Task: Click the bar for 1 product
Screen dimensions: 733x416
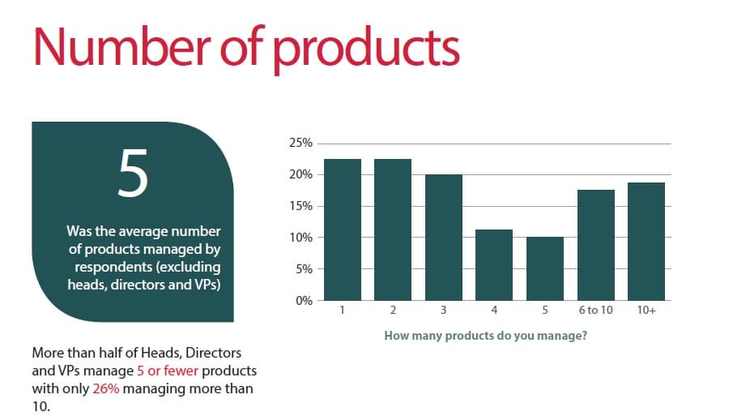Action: (x=342, y=229)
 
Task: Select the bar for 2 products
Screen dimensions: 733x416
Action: (x=393, y=229)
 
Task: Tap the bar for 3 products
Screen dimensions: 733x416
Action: (x=444, y=238)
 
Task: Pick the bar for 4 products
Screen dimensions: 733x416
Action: (x=494, y=265)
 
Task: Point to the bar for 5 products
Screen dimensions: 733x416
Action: (x=545, y=268)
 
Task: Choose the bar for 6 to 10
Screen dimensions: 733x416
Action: (x=596, y=245)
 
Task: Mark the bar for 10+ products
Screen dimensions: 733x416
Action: (x=646, y=242)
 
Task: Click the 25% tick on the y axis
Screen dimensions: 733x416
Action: (x=300, y=143)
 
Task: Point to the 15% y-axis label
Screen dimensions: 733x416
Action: (x=300, y=206)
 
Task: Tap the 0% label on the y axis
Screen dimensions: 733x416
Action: (x=304, y=300)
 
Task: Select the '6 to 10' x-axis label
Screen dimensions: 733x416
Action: (x=595, y=310)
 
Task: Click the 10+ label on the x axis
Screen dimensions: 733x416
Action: (x=646, y=310)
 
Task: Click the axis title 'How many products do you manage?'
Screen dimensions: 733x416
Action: (x=485, y=336)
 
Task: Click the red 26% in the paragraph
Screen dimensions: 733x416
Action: (x=106, y=389)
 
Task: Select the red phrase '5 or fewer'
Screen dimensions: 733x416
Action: (x=168, y=371)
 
